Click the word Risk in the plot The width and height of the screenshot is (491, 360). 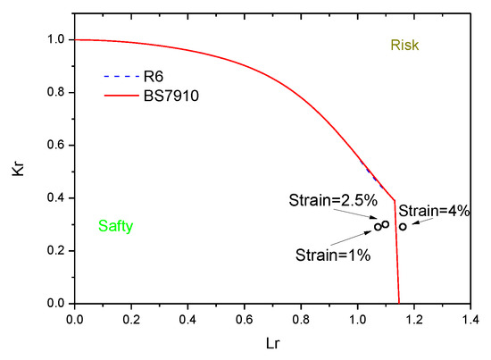pyautogui.click(x=404, y=45)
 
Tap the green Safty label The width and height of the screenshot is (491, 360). pyautogui.click(x=115, y=227)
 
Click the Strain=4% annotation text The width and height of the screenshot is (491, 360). pyautogui.click(x=434, y=211)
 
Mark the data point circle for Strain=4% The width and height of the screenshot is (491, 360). pyautogui.click(x=403, y=227)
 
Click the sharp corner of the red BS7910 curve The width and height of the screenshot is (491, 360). pyautogui.click(x=394, y=201)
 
